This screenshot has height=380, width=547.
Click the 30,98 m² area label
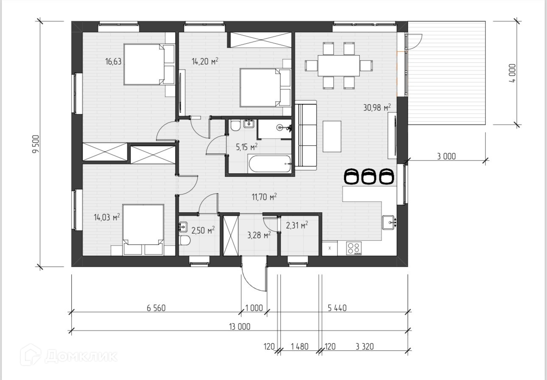[x=377, y=107]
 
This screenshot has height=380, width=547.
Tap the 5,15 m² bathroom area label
[x=247, y=147]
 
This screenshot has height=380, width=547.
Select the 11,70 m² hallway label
[x=264, y=197]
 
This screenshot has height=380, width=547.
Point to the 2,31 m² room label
[x=297, y=225]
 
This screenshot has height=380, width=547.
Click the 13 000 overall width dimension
[x=240, y=327]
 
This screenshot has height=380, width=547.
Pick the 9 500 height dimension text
[x=36, y=144]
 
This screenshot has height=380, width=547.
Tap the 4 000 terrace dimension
[x=513, y=73]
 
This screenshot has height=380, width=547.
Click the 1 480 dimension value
[x=299, y=347]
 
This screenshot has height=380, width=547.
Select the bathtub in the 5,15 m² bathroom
[x=270, y=164]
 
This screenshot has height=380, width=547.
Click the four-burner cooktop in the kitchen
[x=354, y=248]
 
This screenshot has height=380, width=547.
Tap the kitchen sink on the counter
[x=388, y=222]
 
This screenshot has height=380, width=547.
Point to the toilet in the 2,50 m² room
[x=184, y=241]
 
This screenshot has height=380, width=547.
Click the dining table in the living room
[x=338, y=66]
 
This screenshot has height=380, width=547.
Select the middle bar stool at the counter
[x=368, y=176]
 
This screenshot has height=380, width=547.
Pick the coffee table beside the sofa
[x=332, y=136]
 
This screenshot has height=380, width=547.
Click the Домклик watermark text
[x=81, y=356]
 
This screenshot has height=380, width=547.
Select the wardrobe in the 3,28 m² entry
[x=231, y=236]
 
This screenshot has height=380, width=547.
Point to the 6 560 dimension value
[x=156, y=308]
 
